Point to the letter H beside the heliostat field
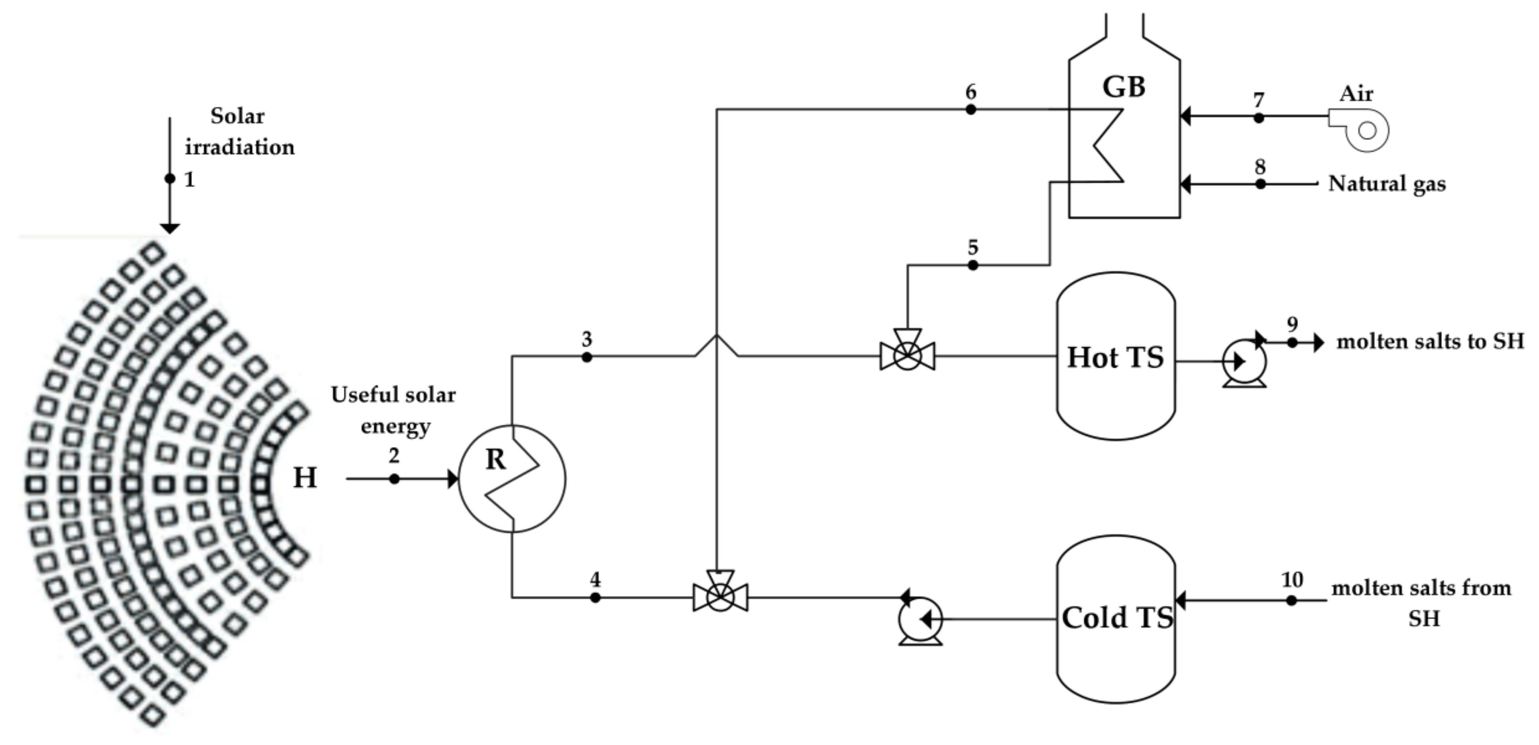[x=304, y=478]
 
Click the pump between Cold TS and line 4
[x=920, y=620]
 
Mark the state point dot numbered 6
[x=971, y=109]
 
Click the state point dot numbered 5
[x=973, y=265]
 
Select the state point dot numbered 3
[x=587, y=357]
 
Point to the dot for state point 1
[x=170, y=178]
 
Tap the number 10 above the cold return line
[x=1292, y=579]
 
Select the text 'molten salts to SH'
[x=1430, y=341]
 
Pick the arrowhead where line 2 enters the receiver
[x=453, y=479]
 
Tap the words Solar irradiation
[x=239, y=132]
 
